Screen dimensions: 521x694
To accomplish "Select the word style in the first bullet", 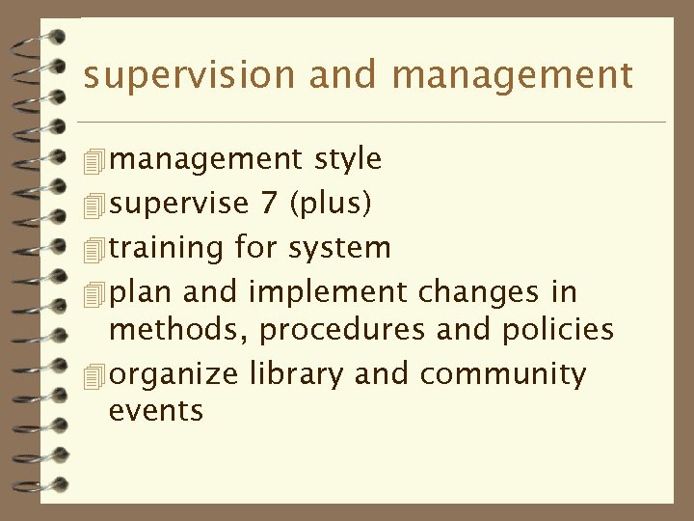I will coord(348,158).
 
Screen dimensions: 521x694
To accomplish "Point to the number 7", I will coord(271,203).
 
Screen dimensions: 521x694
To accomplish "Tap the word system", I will coord(339,249).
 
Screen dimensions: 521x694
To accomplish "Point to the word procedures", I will coord(341,330).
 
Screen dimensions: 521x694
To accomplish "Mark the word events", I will coord(156,411).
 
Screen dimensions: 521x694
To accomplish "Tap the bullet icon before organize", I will coord(93,376).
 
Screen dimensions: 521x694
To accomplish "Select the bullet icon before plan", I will coord(93,293).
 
